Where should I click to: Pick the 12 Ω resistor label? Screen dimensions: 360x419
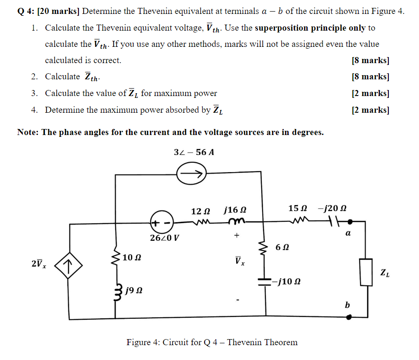pyautogui.click(x=200, y=211)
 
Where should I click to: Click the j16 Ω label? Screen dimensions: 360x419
pyautogui.click(x=235, y=210)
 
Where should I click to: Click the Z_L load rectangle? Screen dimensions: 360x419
pyautogui.click(x=367, y=272)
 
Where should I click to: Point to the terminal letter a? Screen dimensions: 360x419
pyautogui.click(x=348, y=234)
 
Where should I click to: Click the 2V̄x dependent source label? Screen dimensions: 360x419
pyautogui.click(x=38, y=264)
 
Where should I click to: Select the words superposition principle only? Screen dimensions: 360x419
pyautogui.click(x=310, y=28)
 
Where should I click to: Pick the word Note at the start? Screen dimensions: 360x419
pyautogui.click(x=27, y=132)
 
